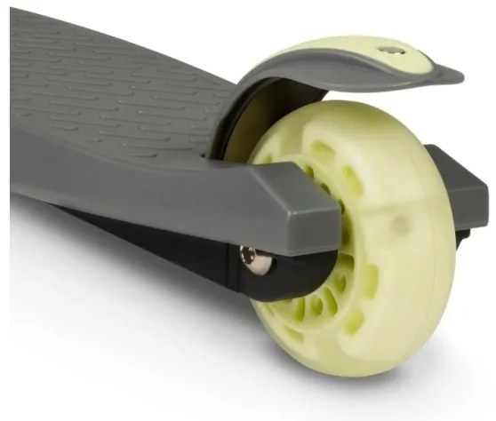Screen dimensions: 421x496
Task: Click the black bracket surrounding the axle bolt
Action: click(267, 275)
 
